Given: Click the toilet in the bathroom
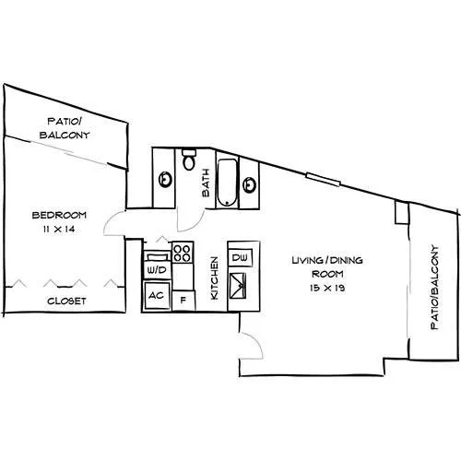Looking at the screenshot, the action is click(189, 160).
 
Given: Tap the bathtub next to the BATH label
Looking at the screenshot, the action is click(228, 183).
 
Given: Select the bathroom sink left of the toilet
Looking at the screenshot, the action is click(165, 180).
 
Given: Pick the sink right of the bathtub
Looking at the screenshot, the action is click(249, 185).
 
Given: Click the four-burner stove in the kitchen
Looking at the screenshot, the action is click(183, 253).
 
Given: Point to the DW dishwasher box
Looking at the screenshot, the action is click(240, 257).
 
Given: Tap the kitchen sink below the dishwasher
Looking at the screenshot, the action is click(238, 286).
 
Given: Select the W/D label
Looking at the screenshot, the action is click(157, 270).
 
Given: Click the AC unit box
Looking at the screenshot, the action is click(157, 296).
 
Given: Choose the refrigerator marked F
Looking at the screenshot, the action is click(183, 301).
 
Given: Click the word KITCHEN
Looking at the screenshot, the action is click(214, 278).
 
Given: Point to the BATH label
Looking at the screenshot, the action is click(206, 183).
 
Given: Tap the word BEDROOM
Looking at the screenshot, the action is click(59, 215).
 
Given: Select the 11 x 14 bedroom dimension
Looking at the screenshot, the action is click(59, 229).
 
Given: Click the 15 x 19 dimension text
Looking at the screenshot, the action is click(327, 288).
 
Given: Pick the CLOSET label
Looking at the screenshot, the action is click(66, 301).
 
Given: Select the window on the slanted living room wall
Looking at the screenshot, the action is click(324, 180).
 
